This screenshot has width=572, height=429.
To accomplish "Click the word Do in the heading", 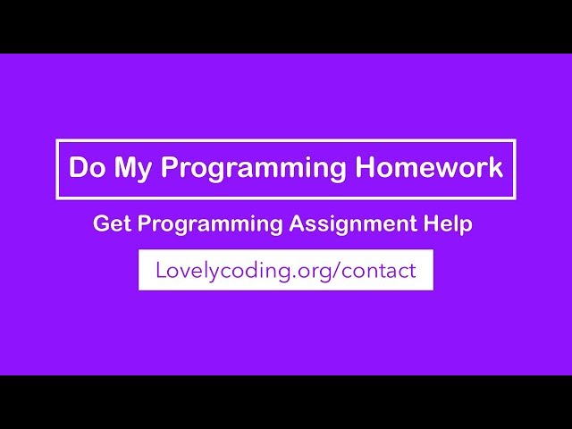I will pyautogui.click(x=87, y=168).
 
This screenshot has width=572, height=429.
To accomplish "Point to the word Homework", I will pyautogui.click(x=429, y=168).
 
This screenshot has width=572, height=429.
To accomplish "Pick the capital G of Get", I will pyautogui.click(x=100, y=224).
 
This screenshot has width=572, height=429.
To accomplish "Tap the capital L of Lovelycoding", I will pyautogui.click(x=161, y=270).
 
